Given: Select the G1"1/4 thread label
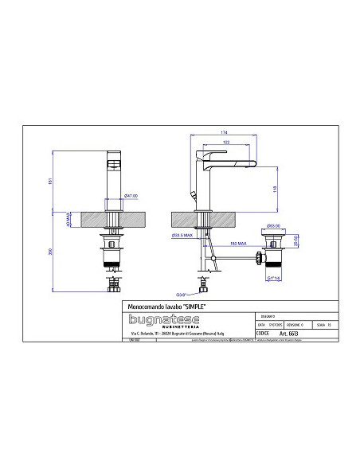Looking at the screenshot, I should point(274,278).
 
